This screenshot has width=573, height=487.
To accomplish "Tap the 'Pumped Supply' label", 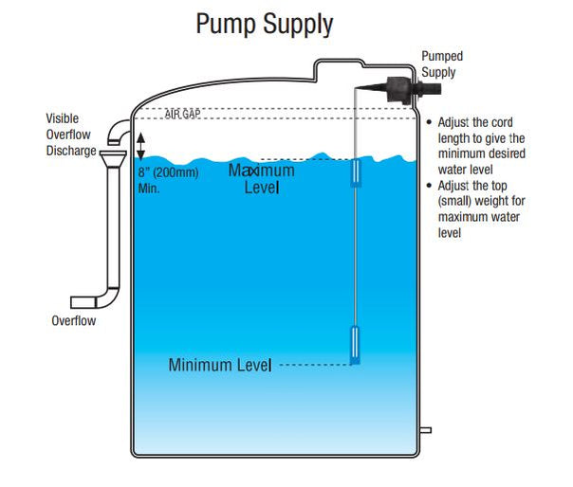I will pos(442,64).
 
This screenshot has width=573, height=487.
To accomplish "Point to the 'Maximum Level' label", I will pos(261,179).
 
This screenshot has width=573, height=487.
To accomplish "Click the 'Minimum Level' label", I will pos(220,365).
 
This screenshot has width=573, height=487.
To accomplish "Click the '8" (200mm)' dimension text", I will pos(169,173).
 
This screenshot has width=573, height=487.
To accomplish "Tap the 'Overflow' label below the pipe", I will pos(74,320).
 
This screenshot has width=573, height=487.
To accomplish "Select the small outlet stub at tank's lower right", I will pos(425,429).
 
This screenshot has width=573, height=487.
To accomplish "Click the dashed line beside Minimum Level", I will pos(313,365).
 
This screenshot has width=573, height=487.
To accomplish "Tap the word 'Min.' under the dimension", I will pos(148,189).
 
